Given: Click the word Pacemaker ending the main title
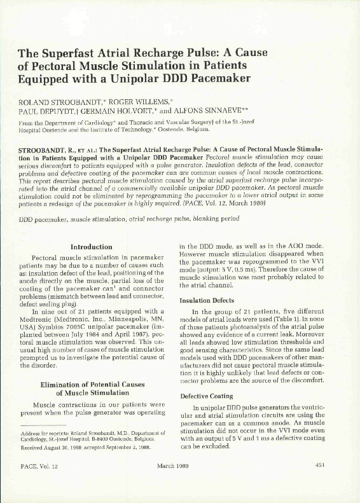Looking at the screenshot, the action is point(216,79).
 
